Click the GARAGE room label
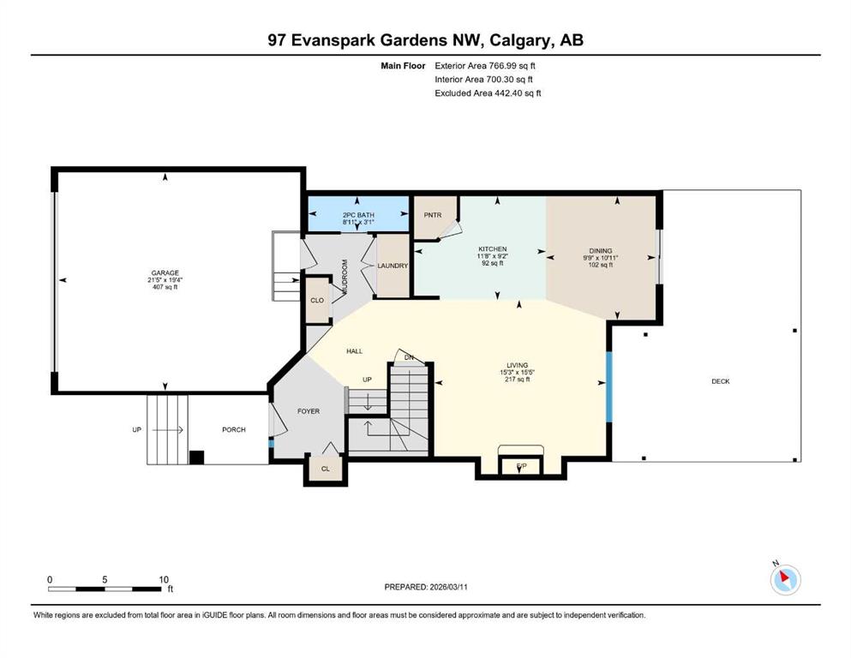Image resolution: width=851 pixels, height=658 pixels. coord(165,272)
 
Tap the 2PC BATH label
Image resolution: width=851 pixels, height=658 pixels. coord(358,215)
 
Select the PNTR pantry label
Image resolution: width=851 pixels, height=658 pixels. coord(433,215)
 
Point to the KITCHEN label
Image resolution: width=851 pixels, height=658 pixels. coord(492,249)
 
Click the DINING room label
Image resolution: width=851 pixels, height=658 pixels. coord(601,251)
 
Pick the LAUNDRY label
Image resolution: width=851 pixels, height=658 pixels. coord(393,266)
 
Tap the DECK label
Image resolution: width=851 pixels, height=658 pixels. coord(721,381)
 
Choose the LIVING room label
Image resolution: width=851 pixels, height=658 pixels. coord(518,365)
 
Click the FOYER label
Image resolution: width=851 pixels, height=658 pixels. coord(309,411)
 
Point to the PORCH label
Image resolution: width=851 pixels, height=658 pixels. coord(234,429)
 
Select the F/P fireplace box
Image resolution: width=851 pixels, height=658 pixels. coord(521,466)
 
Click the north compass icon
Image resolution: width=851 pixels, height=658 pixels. coord(785,579)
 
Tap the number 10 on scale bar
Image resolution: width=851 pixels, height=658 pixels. coord(164,579)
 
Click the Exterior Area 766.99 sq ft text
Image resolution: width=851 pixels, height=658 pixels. coord(485,66)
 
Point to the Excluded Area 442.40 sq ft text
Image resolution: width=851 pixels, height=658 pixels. coord(488,93)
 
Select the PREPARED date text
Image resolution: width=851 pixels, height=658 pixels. coord(425,587)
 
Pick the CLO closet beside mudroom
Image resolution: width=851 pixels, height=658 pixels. coord(317,300)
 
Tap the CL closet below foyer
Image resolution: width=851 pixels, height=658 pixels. coord(326,469)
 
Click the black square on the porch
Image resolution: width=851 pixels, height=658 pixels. coord(196,458)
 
